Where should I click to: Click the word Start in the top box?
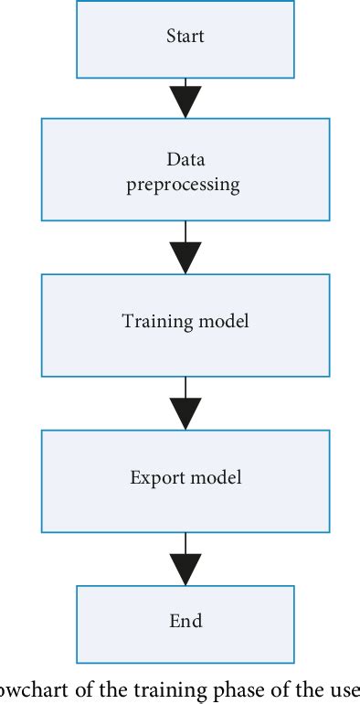pyautogui.click(x=185, y=37)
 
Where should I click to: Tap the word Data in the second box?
pyautogui.click(x=185, y=159)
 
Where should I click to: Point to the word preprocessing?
pyautogui.click(x=185, y=185)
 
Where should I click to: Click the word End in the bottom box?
pyautogui.click(x=185, y=621)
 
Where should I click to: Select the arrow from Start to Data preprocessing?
pyautogui.click(x=185, y=99)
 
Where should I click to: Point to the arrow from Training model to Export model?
pyautogui.click(x=185, y=402)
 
